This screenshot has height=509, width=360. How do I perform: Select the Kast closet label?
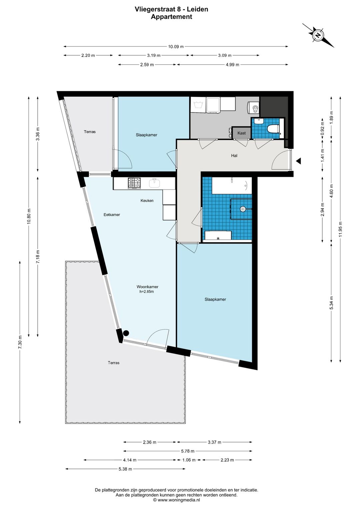[x=241, y=133]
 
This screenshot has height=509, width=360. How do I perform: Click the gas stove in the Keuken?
[x=134, y=183]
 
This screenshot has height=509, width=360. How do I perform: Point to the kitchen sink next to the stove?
[x=155, y=183]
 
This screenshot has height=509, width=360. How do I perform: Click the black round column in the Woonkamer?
[x=126, y=333]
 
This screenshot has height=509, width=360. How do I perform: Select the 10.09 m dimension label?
[x=176, y=47]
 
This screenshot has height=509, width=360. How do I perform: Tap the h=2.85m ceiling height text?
[x=146, y=292]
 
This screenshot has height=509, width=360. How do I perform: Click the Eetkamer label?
[x=112, y=214]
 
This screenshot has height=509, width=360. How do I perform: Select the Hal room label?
[x=234, y=156]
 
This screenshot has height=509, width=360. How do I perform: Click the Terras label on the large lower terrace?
[x=114, y=363]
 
